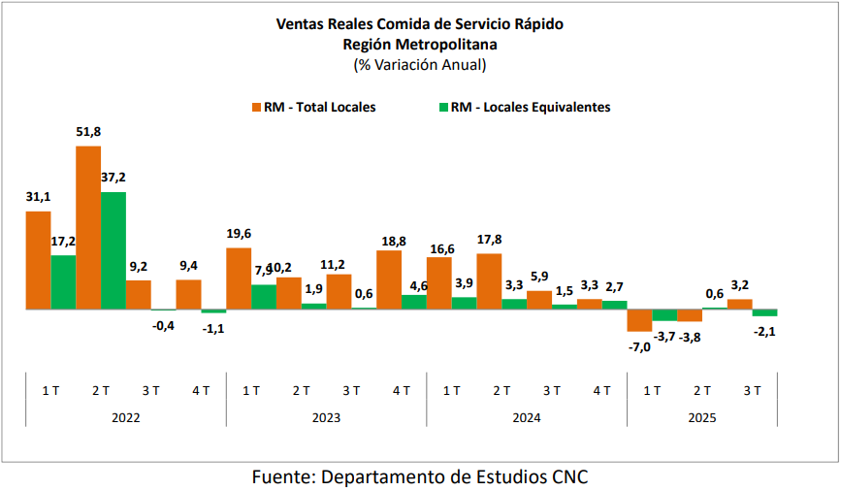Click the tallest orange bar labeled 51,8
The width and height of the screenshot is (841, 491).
(x=88, y=228)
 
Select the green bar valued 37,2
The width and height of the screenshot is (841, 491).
(x=113, y=250)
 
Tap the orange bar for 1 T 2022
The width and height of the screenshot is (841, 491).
(x=38, y=260)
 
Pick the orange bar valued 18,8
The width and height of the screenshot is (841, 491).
(x=389, y=279)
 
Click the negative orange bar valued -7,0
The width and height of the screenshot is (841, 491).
(x=639, y=320)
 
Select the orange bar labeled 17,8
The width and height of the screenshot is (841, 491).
(x=489, y=281)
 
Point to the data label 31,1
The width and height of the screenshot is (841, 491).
(x=38, y=197)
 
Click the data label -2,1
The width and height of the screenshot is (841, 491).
(x=765, y=332)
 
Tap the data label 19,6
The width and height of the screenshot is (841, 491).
(x=239, y=234)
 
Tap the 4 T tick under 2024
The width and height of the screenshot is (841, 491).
(x=601, y=391)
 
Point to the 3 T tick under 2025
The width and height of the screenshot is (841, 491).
(x=753, y=391)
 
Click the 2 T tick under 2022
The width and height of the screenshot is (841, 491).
(x=101, y=391)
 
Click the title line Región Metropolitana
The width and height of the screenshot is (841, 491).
(x=419, y=44)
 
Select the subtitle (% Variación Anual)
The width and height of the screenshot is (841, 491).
(x=419, y=65)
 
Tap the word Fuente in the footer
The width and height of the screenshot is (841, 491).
(x=281, y=476)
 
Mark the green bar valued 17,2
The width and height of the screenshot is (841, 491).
(x=63, y=282)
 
